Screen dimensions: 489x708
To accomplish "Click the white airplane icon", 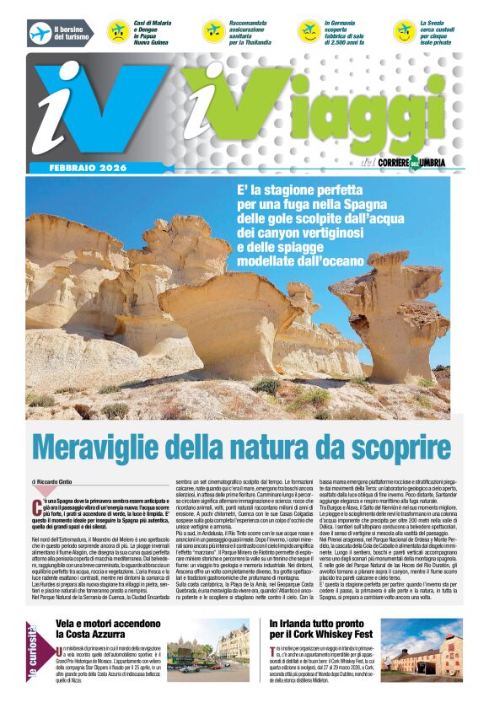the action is [40, 33].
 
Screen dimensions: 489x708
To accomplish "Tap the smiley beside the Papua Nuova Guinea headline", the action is [117, 32].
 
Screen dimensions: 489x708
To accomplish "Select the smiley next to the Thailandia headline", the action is [213, 32].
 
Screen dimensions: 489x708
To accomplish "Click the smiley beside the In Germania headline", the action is [309, 32].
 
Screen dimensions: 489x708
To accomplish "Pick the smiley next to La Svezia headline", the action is [404, 32].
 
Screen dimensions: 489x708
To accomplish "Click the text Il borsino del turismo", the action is [71, 33].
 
